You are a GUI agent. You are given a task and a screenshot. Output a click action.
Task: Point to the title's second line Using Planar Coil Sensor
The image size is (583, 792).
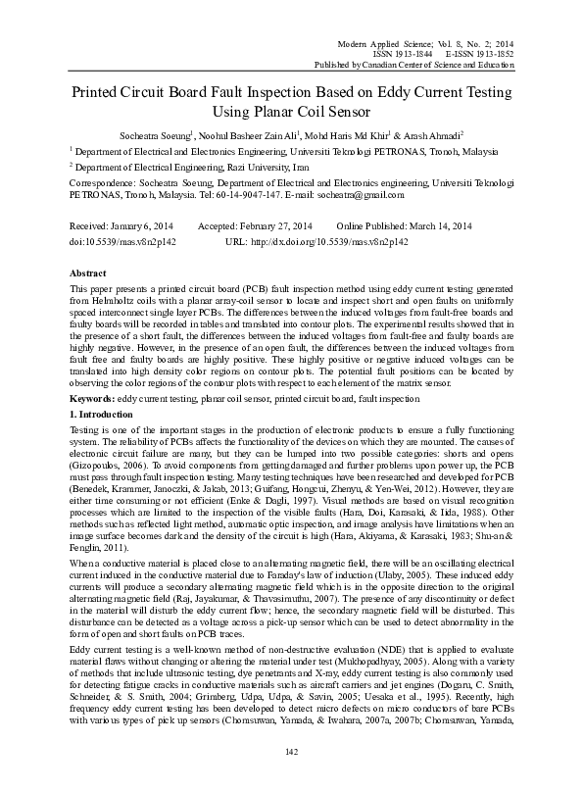click(x=291, y=116)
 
